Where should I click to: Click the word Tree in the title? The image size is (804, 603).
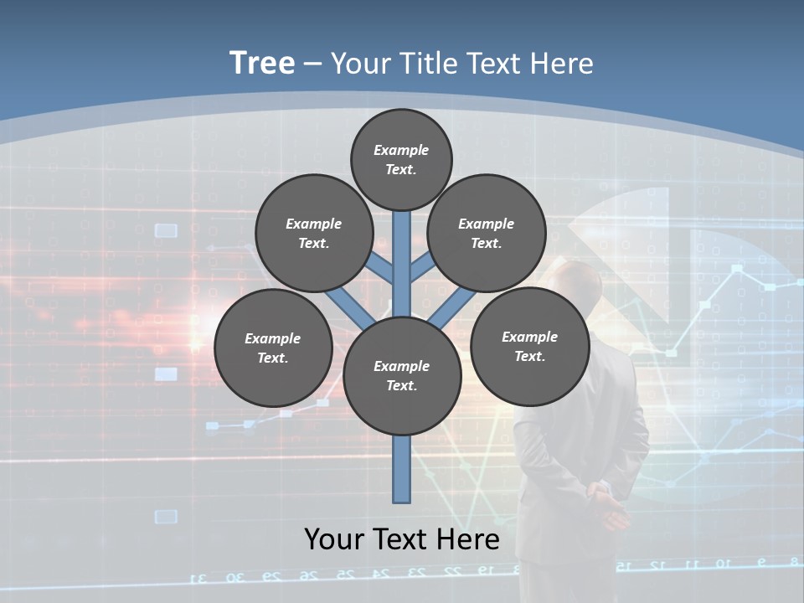point(262,64)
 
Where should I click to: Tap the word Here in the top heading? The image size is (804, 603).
point(561,64)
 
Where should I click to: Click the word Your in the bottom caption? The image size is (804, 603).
point(333,539)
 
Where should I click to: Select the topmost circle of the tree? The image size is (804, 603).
point(401,159)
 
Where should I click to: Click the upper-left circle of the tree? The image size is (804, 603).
point(313,233)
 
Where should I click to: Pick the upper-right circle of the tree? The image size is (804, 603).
point(487,233)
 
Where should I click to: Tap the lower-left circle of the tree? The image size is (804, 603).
point(273,348)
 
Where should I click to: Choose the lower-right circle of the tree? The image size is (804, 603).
point(529,346)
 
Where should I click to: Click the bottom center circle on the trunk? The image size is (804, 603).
point(402,376)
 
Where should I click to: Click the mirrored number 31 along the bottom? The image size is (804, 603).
point(200,577)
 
